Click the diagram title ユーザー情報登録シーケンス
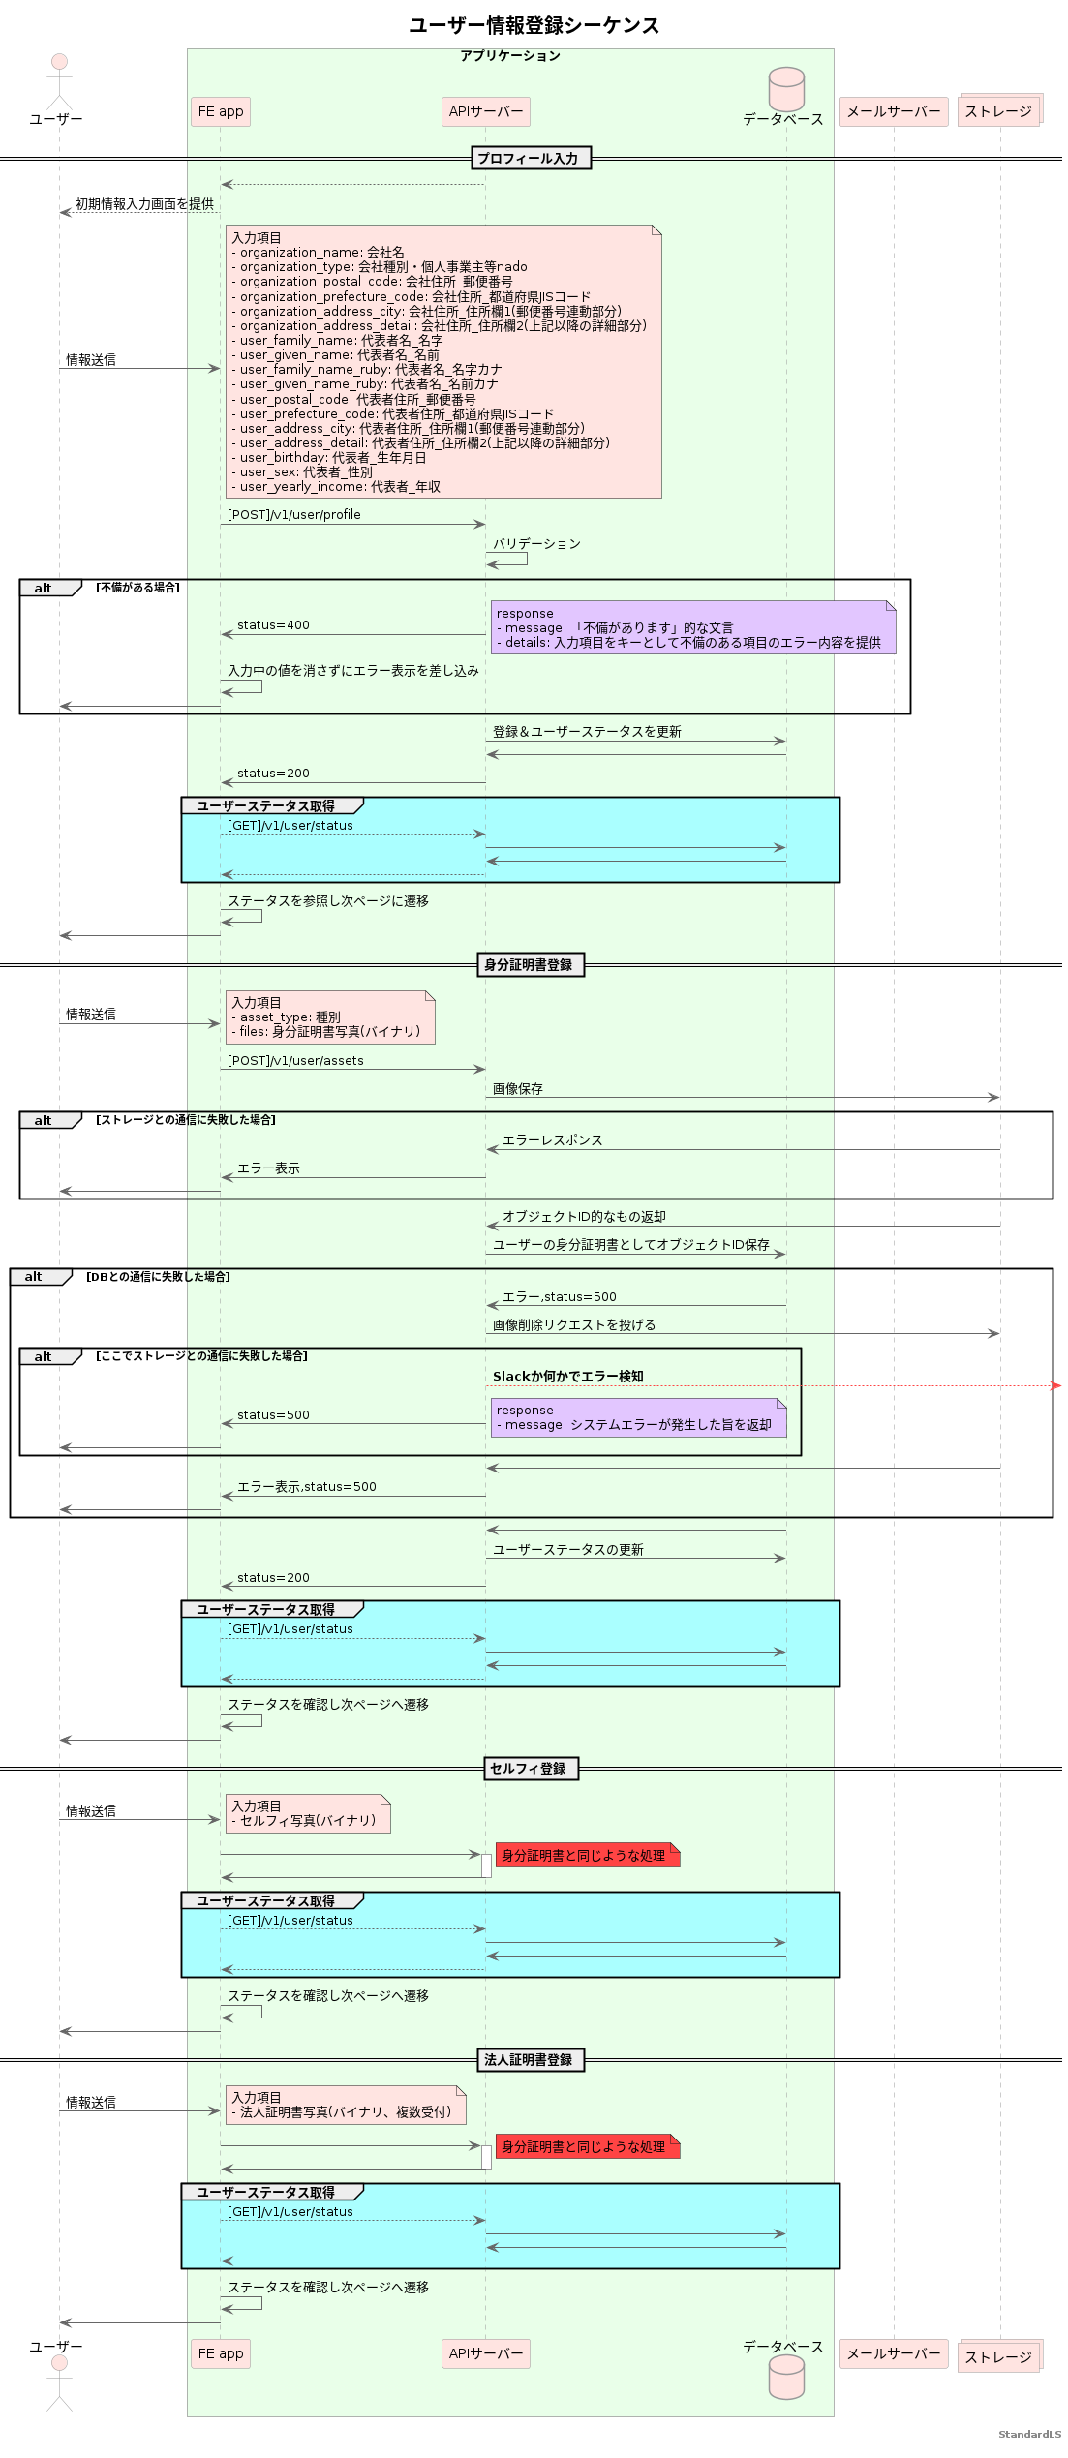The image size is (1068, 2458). click(534, 25)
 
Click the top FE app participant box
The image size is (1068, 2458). click(221, 112)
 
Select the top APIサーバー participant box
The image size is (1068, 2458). click(485, 112)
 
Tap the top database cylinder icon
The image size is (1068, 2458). click(785, 89)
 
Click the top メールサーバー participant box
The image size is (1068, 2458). click(893, 112)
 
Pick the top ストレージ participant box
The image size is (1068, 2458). click(998, 111)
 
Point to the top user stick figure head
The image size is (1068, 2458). click(59, 62)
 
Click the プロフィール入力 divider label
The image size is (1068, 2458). click(531, 159)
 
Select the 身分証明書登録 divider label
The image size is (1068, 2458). click(530, 965)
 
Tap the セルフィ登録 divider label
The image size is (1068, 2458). click(531, 1769)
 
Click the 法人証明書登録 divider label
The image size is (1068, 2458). click(530, 2060)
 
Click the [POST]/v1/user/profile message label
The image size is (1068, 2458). click(293, 515)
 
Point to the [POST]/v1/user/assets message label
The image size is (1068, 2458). click(295, 1061)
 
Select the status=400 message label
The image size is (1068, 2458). click(273, 625)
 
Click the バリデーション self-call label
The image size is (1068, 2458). click(536, 544)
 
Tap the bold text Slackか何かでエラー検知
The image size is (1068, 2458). click(567, 1377)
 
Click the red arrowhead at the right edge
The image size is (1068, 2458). click(1055, 1386)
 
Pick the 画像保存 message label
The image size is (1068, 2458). click(517, 1089)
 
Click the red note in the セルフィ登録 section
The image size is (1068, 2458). click(587, 1856)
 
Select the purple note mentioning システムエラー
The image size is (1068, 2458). click(638, 1418)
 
